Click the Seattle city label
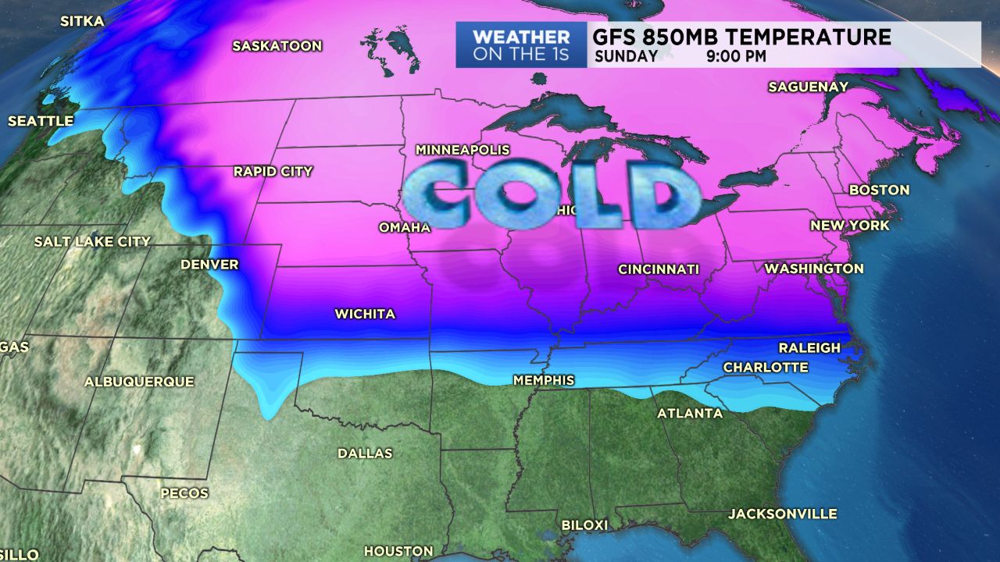41,122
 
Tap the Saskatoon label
277,46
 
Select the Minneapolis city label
462,150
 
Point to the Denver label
209,265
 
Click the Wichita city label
365,315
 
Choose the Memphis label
543,381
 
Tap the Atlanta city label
690,414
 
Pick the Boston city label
879,190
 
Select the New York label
850,226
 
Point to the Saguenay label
808,87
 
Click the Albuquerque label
139,382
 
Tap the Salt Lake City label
92,242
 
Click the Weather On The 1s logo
521,45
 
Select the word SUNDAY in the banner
626,56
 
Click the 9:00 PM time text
737,56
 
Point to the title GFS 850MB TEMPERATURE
741,37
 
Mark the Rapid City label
273,172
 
